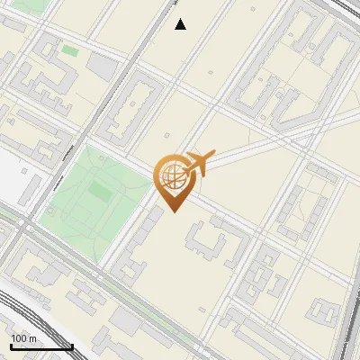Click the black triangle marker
[181, 24]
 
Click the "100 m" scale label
[24, 337]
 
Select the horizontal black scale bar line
[41, 346]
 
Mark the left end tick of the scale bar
[11, 345]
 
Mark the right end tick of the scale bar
[72, 345]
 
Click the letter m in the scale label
[33, 337]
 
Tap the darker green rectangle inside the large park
[98, 192]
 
